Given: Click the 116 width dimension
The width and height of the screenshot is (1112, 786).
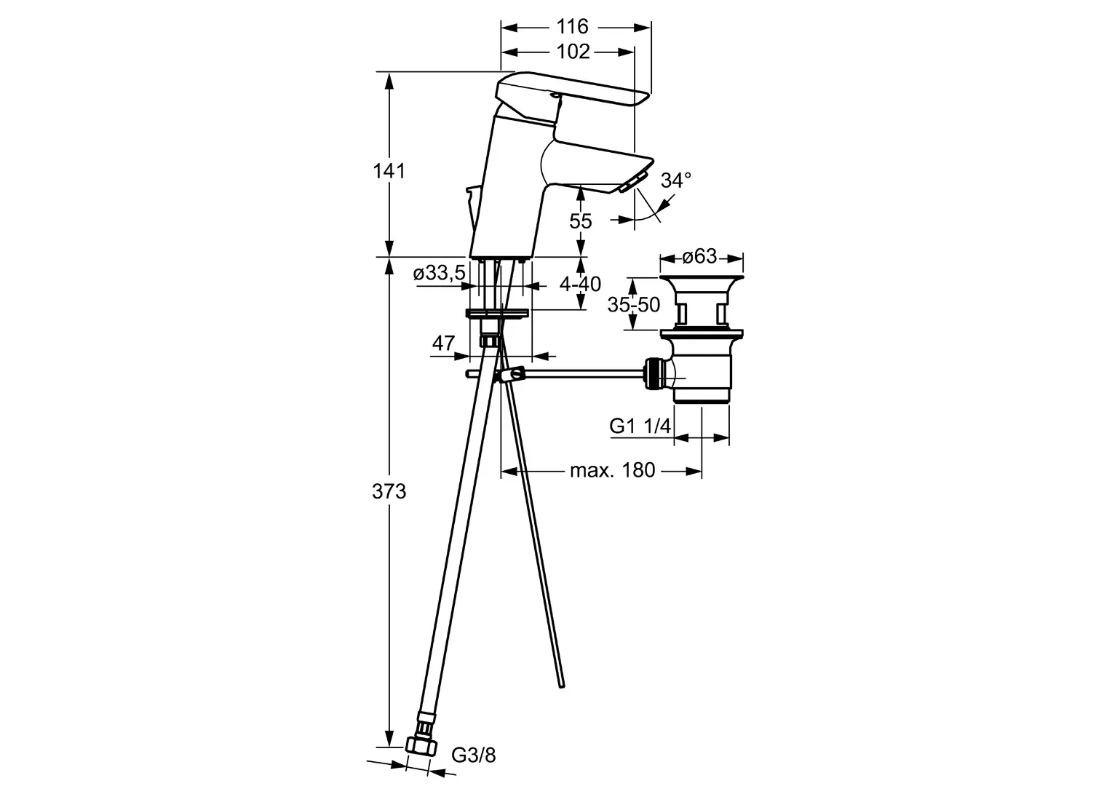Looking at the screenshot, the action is point(573,26).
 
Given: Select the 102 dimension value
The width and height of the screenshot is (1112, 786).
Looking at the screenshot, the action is point(573,52).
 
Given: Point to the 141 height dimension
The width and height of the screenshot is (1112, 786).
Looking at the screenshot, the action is point(389,171).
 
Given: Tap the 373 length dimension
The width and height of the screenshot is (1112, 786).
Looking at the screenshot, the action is point(389,491).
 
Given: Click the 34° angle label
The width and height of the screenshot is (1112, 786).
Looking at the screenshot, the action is point(676,180).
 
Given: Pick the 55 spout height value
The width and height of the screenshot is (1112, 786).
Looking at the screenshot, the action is point(580,221).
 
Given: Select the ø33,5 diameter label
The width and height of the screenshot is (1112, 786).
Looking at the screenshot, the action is point(440,273).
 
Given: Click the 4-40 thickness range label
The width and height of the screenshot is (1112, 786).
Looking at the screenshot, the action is point(580,284).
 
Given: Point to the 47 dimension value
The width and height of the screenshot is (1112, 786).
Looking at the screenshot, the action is point(443,343).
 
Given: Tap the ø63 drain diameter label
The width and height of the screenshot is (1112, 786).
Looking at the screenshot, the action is point(699,256).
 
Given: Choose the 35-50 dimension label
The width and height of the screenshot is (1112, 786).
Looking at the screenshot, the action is point(633,304).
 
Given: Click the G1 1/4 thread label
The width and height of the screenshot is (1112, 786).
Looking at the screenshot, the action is point(640,426).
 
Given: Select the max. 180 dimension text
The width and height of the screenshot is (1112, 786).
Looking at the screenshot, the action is point(613,469).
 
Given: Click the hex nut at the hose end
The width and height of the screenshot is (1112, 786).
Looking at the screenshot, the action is point(421,760).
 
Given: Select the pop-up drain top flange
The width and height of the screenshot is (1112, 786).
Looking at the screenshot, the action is point(702,278).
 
